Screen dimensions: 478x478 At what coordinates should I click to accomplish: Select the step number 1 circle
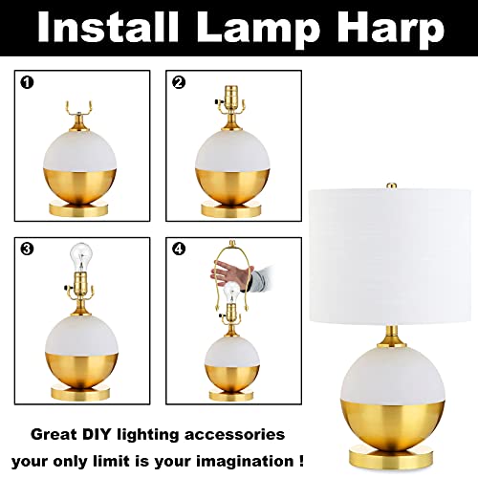tap(28, 83)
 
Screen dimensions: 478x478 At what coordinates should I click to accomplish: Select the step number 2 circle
tap(179, 83)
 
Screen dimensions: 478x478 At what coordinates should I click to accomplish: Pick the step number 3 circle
tap(28, 250)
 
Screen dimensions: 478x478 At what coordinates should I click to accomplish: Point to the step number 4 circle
tap(179, 250)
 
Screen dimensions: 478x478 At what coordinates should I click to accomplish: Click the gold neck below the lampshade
tap(390, 336)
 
